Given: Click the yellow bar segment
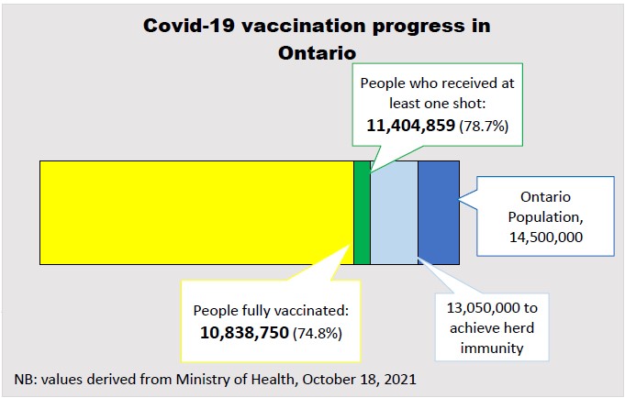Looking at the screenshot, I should pyautogui.click(x=196, y=212).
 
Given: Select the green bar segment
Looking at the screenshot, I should pyautogui.click(x=362, y=212).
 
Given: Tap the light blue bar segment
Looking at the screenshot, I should pyautogui.click(x=394, y=212).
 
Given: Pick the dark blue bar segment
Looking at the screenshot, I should pyautogui.click(x=438, y=212).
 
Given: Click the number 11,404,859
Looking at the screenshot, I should pyautogui.click(x=410, y=125).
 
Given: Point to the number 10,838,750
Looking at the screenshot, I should pyautogui.click(x=244, y=331).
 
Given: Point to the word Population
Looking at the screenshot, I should pyautogui.click(x=545, y=217).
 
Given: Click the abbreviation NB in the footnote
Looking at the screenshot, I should pyautogui.click(x=26, y=379).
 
